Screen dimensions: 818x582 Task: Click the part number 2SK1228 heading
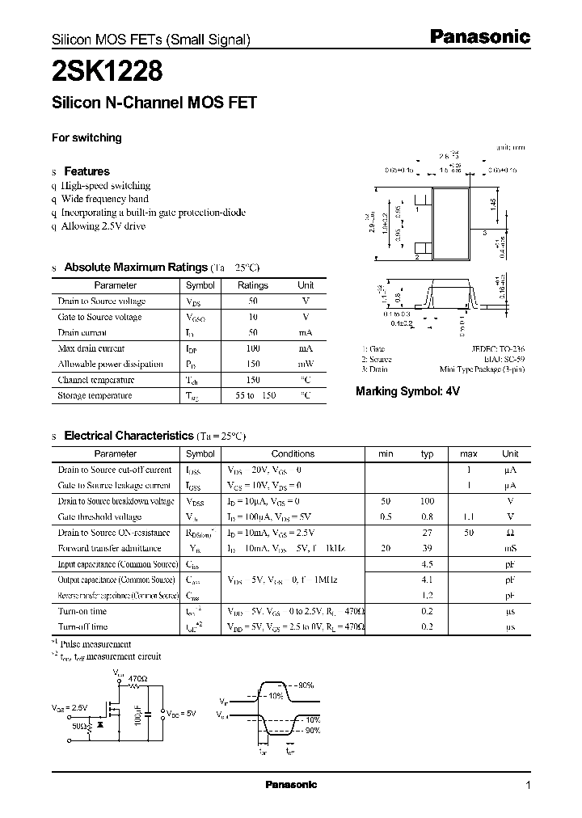pyautogui.click(x=108, y=72)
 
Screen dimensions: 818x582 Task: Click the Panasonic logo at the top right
pyautogui.click(x=479, y=36)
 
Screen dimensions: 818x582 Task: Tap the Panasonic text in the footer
pyautogui.click(x=291, y=785)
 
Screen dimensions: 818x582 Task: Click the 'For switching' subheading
pyautogui.click(x=86, y=137)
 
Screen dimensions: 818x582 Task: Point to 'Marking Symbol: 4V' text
pyautogui.click(x=407, y=391)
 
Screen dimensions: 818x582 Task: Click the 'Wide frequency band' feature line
pyautogui.click(x=105, y=198)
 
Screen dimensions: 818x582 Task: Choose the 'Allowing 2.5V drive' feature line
pyautogui.click(x=103, y=226)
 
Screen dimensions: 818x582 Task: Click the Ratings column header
pyautogui.click(x=252, y=285)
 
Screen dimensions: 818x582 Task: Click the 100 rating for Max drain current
pyautogui.click(x=252, y=348)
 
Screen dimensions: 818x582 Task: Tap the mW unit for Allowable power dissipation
pyautogui.click(x=306, y=364)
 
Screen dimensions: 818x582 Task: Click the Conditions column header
pyautogui.click(x=292, y=453)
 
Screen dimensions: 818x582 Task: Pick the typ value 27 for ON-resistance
pyautogui.click(x=428, y=533)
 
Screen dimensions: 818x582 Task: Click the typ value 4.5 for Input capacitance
pyautogui.click(x=428, y=564)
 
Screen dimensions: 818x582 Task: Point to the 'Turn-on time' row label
pyautogui.click(x=82, y=611)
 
